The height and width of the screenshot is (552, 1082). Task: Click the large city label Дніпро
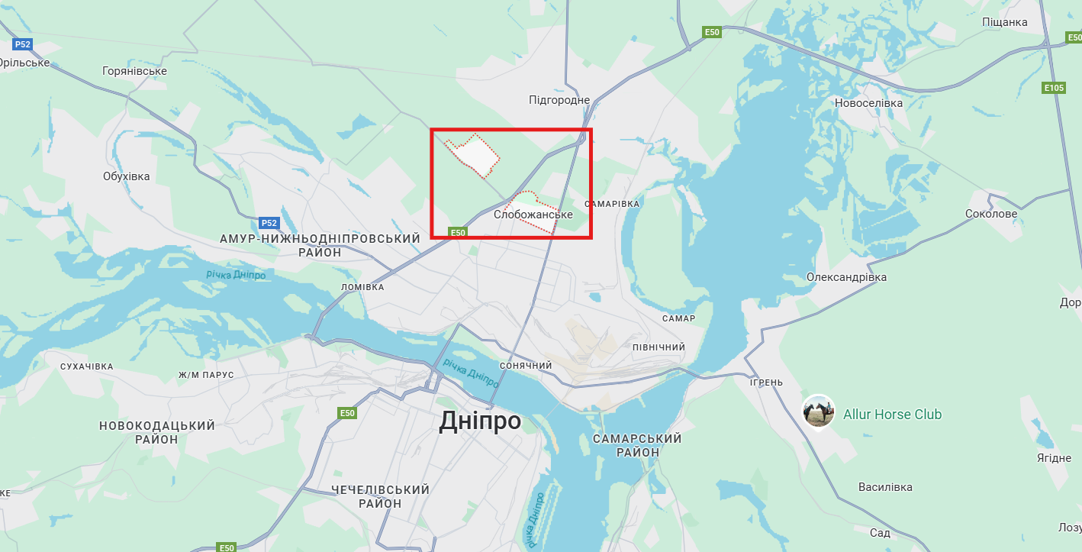pos(480,421)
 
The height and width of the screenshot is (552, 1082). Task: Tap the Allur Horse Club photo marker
pos(818,412)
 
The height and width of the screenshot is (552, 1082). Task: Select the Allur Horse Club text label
pos(892,415)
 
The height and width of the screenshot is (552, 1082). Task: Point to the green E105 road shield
pos(1054,88)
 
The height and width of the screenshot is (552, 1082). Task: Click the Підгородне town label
pos(559,100)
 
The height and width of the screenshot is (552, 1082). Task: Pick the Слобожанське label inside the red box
pos(533,215)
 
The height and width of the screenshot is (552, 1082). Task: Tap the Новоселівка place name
pos(868,103)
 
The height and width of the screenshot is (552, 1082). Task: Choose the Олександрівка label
pos(846,277)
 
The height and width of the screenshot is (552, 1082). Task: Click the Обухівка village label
pos(127,176)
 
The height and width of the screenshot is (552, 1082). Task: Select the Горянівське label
pos(134,71)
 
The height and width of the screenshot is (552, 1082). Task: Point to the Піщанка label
pos(1005,22)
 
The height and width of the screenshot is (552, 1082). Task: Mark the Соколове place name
pos(991,214)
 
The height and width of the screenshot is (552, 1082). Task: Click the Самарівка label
pos(612,204)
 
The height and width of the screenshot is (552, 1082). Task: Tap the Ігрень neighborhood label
pos(766,382)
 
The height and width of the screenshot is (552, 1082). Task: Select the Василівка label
pos(885,487)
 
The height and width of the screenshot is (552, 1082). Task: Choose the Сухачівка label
pos(86,366)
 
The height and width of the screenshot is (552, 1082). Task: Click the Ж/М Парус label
pos(206,375)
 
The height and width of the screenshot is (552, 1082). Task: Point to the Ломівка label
pos(362,287)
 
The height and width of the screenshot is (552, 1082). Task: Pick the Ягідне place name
pos(1054,457)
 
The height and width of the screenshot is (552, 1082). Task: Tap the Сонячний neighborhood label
pos(525,366)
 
